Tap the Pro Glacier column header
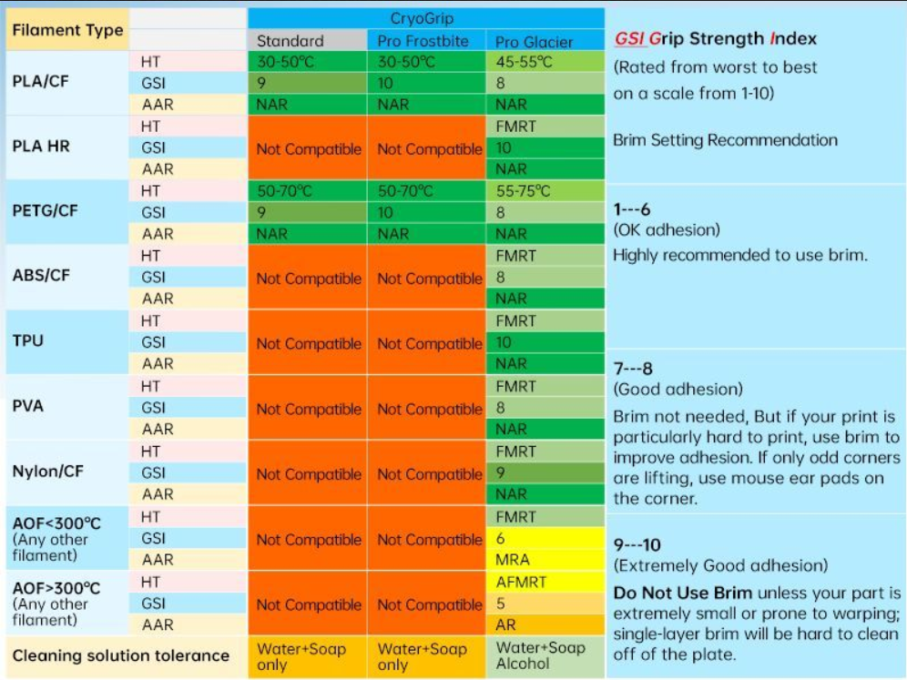(535, 42)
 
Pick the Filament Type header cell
(67, 30)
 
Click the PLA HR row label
(43, 147)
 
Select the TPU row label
(28, 341)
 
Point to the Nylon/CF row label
(47, 472)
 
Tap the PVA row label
(28, 406)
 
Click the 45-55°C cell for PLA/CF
(525, 62)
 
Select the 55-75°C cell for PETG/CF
(525, 191)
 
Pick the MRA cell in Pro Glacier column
(513, 560)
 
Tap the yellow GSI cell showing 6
(502, 538)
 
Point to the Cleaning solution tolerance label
(120, 655)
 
